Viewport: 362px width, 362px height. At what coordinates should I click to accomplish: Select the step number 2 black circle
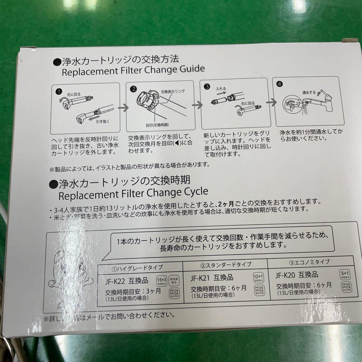(133, 89)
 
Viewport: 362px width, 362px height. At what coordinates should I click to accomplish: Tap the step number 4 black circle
(280, 84)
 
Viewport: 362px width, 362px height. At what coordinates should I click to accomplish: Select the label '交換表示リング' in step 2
(173, 91)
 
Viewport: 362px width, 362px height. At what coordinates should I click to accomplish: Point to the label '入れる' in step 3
(221, 89)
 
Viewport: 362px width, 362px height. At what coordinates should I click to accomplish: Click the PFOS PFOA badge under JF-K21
(259, 290)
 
